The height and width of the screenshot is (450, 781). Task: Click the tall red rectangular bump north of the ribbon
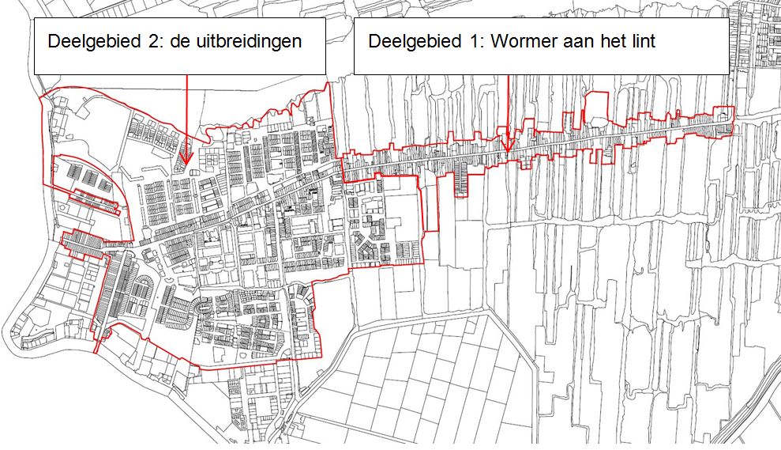[596, 107]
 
